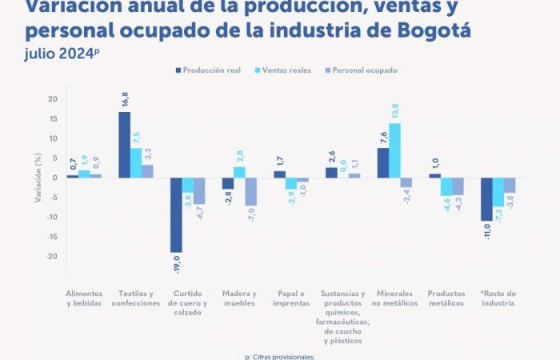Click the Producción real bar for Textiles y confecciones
124,144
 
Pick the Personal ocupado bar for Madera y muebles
251,191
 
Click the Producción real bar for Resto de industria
486,198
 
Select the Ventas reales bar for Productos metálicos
446,186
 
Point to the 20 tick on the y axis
53,99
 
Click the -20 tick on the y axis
51,256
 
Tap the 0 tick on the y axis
55,178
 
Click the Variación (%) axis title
38,178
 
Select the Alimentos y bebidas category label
84,298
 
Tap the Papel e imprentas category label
290,298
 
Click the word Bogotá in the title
431,31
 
